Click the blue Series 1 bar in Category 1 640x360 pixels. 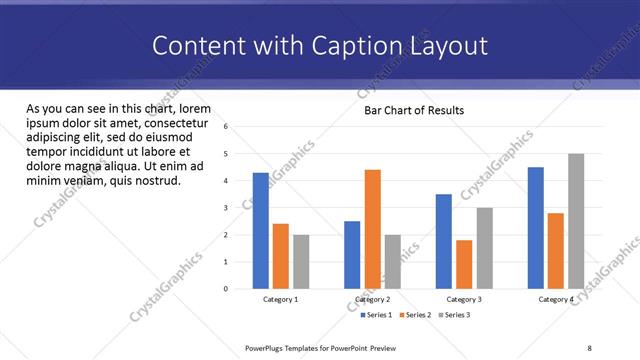(261, 231)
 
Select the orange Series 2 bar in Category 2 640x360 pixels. (373, 229)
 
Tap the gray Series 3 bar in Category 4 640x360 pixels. (576, 221)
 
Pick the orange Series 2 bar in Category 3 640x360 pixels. (464, 264)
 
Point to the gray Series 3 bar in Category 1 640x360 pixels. (301, 262)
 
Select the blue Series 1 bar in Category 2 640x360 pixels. (352, 255)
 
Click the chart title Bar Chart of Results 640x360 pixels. (413, 110)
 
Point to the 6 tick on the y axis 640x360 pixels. (226, 127)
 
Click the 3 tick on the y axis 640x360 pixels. (226, 208)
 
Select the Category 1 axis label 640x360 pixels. (280, 299)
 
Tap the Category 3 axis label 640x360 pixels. (463, 299)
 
